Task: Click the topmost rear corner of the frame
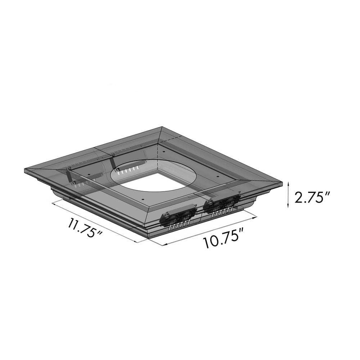coord(162,127)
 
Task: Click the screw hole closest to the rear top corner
coord(163,152)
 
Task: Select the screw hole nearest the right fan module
coord(217,176)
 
